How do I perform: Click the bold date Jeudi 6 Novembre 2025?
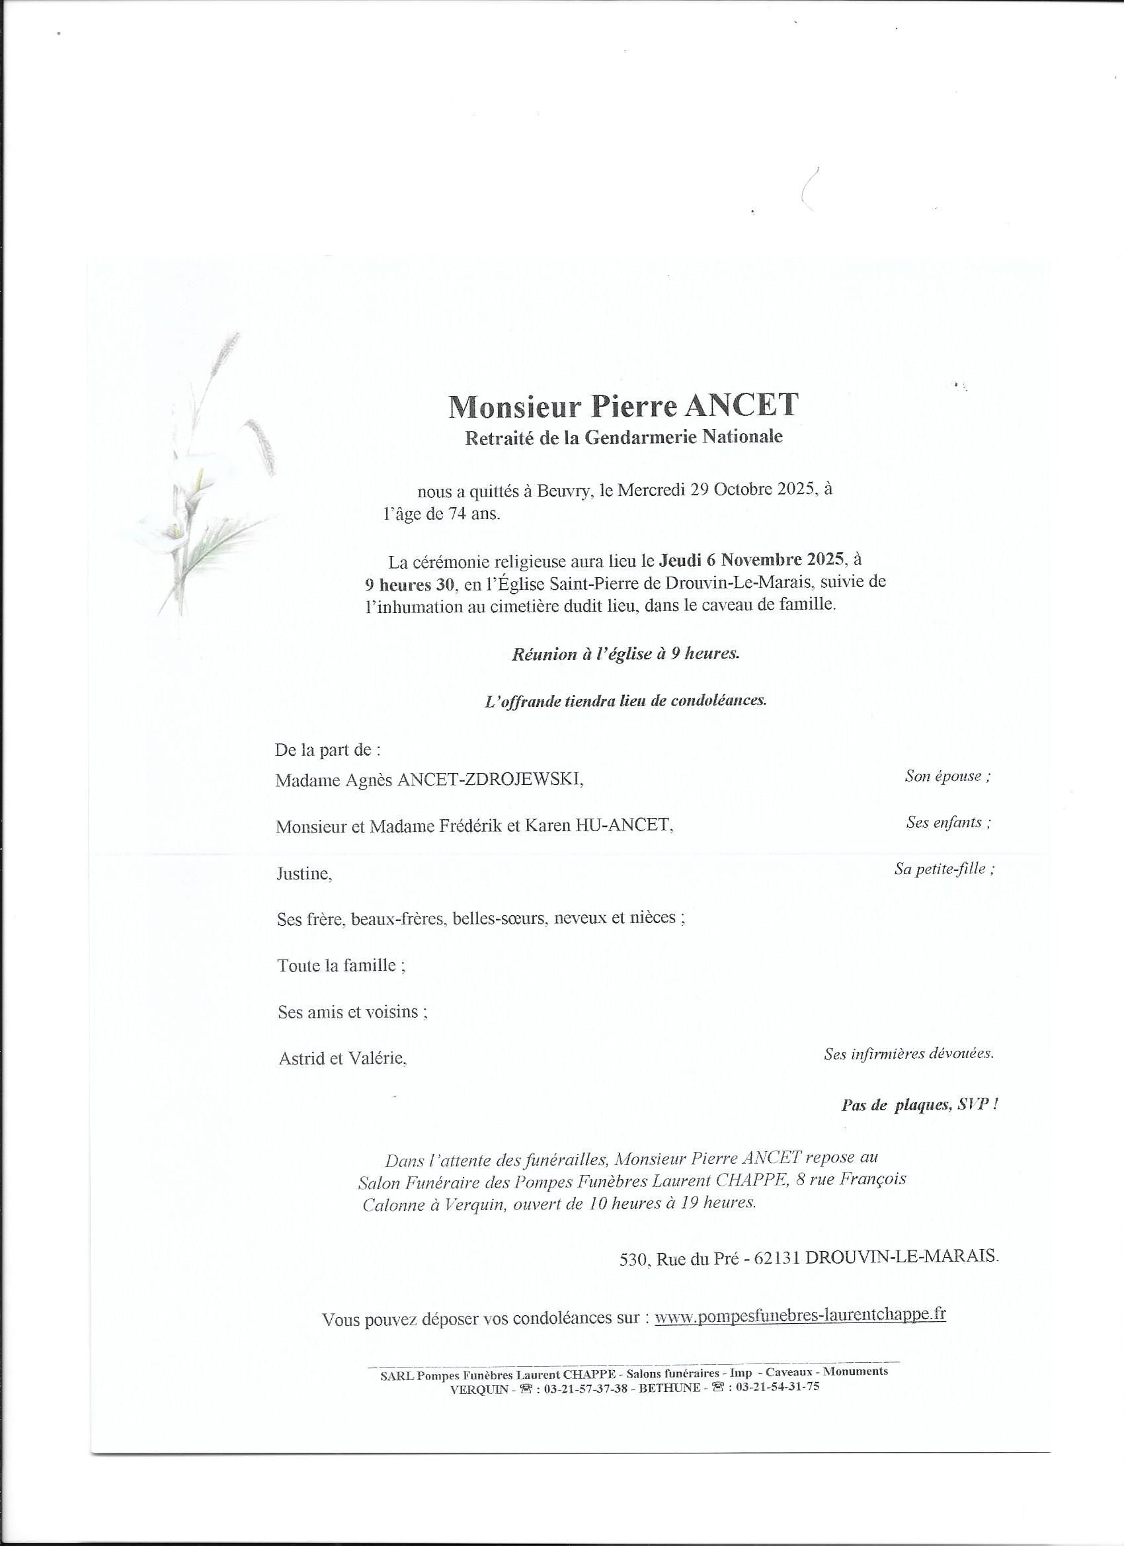pos(751,561)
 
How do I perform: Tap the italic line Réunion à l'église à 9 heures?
pos(625,654)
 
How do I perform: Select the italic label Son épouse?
pos(947,776)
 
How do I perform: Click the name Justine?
pos(304,874)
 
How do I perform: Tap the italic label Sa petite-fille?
pos(943,869)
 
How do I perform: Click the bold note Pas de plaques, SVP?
pos(920,1105)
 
